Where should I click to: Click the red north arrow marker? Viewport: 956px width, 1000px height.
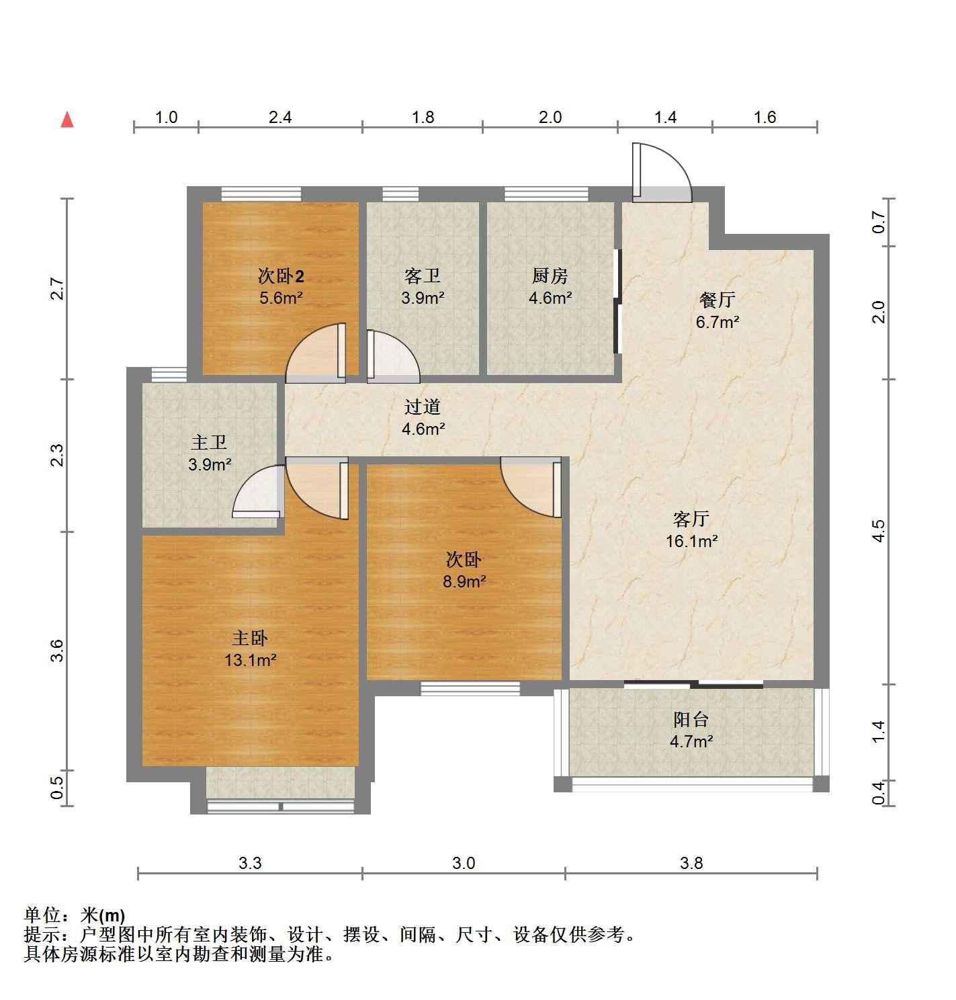pos(67,120)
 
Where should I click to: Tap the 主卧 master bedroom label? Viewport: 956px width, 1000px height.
pos(250,638)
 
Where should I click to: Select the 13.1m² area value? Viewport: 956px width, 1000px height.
pos(251,661)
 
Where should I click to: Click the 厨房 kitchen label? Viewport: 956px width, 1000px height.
pos(550,276)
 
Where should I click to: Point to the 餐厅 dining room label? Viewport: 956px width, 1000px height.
pos(717,300)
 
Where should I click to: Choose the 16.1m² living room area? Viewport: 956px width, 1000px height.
pos(691,541)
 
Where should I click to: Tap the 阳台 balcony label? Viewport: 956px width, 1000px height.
pos(691,720)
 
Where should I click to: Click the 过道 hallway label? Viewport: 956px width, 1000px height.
pos(423,407)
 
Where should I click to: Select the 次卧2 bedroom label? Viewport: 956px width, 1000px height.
pos(281,276)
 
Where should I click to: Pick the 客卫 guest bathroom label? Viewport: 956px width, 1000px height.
pos(423,276)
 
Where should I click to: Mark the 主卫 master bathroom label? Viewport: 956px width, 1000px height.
pos(209,442)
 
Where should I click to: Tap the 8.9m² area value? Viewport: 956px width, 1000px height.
pos(464,581)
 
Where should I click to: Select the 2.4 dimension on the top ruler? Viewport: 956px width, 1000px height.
pos(280,117)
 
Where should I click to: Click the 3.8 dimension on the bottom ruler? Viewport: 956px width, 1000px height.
pos(691,863)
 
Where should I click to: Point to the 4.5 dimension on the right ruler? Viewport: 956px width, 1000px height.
pos(879,531)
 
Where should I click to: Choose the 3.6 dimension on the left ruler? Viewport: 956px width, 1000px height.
pos(57,651)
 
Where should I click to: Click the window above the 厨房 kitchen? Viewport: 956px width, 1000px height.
pos(546,194)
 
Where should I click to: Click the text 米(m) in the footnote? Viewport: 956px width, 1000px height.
pos(103,915)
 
